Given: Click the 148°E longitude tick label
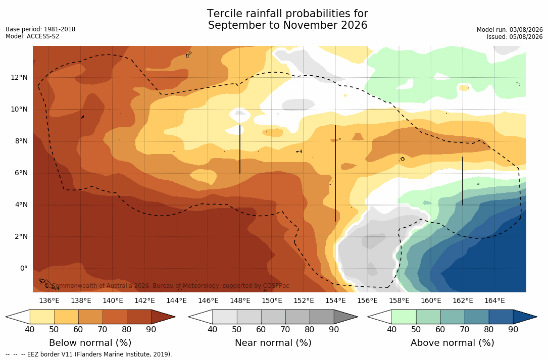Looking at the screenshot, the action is [x=240, y=300].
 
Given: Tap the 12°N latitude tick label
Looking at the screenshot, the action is [x=19, y=78].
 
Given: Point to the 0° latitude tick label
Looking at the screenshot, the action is [x=23, y=269].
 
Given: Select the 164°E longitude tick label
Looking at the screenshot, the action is [x=494, y=300].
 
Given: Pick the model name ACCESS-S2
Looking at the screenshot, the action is [x=43, y=36].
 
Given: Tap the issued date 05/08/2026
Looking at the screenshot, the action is [x=526, y=37].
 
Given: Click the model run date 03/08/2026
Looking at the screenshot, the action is [x=526, y=30].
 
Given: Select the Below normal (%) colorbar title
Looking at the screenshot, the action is [x=90, y=343].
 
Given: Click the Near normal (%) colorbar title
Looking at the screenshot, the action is [x=273, y=343].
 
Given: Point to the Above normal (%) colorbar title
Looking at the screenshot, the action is [x=452, y=343].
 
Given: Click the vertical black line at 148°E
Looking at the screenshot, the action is [x=240, y=149].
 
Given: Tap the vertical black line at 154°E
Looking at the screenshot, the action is [x=335, y=173].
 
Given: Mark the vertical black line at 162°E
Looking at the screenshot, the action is [x=463, y=181].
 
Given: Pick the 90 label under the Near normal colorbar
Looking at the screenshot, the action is [x=334, y=329].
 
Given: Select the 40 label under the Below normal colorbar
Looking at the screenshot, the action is [x=30, y=329].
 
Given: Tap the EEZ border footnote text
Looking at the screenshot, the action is [x=89, y=354].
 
